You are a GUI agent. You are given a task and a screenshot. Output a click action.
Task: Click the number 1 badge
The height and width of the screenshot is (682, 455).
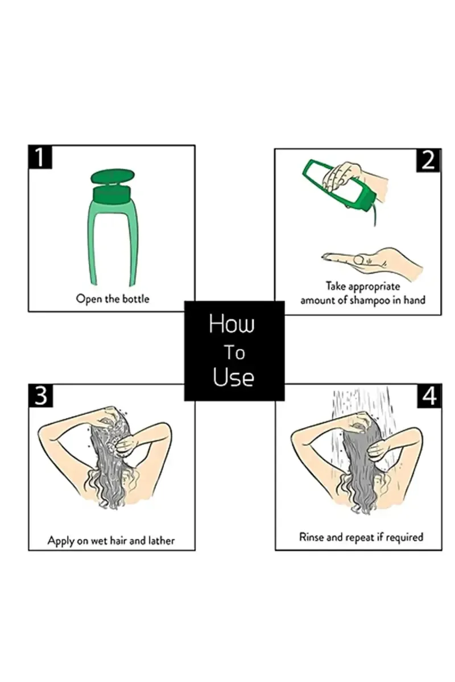point(40,157)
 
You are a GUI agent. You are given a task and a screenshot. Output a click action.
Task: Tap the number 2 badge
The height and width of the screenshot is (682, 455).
point(428,160)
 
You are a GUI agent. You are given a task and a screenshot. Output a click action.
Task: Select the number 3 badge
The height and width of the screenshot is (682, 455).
point(41,396)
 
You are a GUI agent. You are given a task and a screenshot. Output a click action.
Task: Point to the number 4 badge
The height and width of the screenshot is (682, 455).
point(429,396)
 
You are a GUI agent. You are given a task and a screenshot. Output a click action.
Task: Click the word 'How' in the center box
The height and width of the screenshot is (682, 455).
point(231,324)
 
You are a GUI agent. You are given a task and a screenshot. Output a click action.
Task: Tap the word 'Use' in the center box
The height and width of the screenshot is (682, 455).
point(233,377)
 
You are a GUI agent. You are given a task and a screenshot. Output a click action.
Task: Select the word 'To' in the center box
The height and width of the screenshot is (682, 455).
point(235,352)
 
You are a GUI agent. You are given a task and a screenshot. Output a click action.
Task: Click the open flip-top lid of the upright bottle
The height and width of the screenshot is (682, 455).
point(113,177)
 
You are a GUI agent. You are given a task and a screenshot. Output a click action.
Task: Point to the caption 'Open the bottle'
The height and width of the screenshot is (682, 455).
point(113,299)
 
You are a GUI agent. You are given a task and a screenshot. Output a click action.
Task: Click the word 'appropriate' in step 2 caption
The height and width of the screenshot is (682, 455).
point(374,287)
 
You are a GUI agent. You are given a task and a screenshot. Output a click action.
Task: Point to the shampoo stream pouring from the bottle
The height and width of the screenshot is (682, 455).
point(375,212)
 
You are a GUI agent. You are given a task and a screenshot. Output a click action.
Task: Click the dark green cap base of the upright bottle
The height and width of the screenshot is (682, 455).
point(112,195)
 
